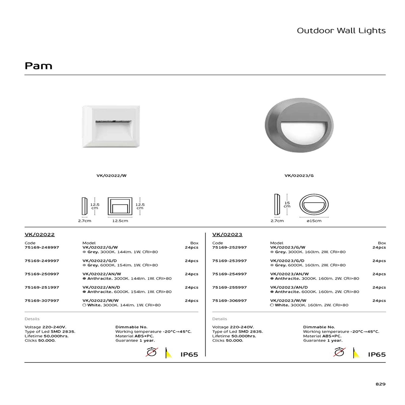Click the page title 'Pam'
38,66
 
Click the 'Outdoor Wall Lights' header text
341,31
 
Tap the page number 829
380,384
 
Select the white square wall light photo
111,126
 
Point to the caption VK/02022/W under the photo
111,175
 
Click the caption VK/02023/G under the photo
299,175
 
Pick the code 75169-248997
42,247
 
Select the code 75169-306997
229,301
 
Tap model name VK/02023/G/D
287,261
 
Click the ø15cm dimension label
314,221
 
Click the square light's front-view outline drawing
120,206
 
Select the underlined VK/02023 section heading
227,234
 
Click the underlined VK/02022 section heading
39,234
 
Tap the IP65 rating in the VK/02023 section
377,355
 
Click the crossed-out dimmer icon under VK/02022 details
151,352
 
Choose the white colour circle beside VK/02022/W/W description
84,305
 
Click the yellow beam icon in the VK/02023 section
357,353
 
